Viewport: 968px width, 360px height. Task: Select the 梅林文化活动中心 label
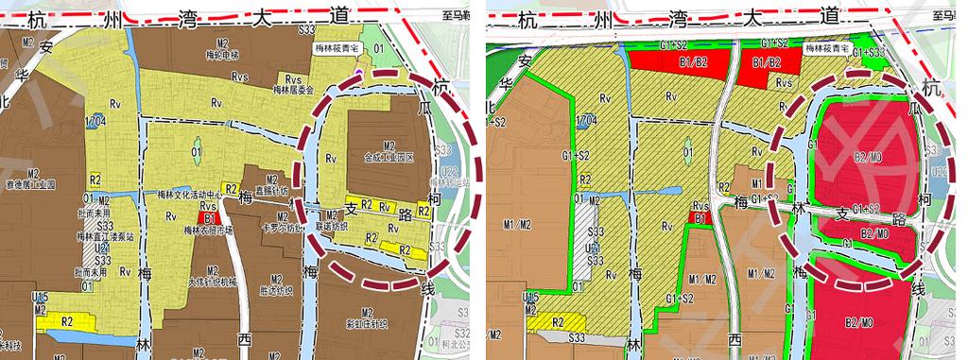pyautogui.click(x=189, y=196)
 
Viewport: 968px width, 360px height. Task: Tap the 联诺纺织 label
pyautogui.click(x=331, y=227)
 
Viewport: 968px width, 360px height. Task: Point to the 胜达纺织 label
pyautogui.click(x=276, y=291)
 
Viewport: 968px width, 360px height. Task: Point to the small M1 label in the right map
pyautogui.click(x=756, y=182)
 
